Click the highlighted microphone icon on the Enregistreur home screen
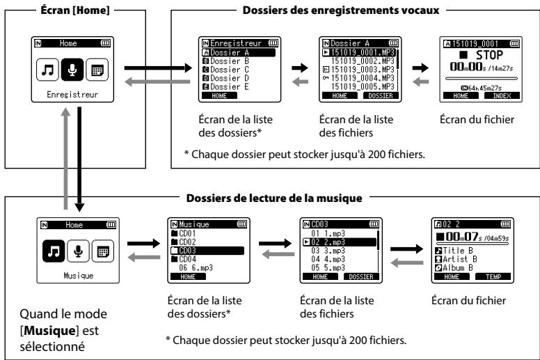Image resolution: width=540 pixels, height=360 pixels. [x=72, y=70]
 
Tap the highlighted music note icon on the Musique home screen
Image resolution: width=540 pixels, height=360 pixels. [x=54, y=251]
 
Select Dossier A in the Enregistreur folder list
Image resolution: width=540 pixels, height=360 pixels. [x=239, y=52]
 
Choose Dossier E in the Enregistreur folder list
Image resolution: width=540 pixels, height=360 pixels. [x=225, y=86]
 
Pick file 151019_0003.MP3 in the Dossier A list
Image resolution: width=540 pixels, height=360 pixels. [x=358, y=69]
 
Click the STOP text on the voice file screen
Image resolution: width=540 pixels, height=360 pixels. [x=489, y=55]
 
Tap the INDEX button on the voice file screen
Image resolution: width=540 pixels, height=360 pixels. [x=502, y=96]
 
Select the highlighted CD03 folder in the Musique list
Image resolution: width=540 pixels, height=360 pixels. [x=207, y=251]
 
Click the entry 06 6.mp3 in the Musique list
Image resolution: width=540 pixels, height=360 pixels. [x=196, y=267]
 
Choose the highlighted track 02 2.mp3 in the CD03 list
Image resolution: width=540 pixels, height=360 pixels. [x=340, y=242]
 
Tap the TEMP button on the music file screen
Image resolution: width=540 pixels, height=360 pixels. [x=493, y=276]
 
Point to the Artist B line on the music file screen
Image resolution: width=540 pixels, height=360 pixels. [x=456, y=259]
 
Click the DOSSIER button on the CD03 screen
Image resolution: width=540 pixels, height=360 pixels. [x=361, y=276]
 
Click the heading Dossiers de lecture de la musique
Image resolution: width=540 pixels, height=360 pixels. [x=274, y=198]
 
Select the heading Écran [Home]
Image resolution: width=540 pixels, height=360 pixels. [x=75, y=10]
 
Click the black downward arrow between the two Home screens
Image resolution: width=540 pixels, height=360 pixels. [x=79, y=159]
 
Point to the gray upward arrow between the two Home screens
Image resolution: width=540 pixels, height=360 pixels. [x=66, y=159]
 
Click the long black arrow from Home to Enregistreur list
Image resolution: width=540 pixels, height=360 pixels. [x=158, y=68]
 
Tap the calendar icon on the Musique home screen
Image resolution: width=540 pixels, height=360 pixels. [x=103, y=251]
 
